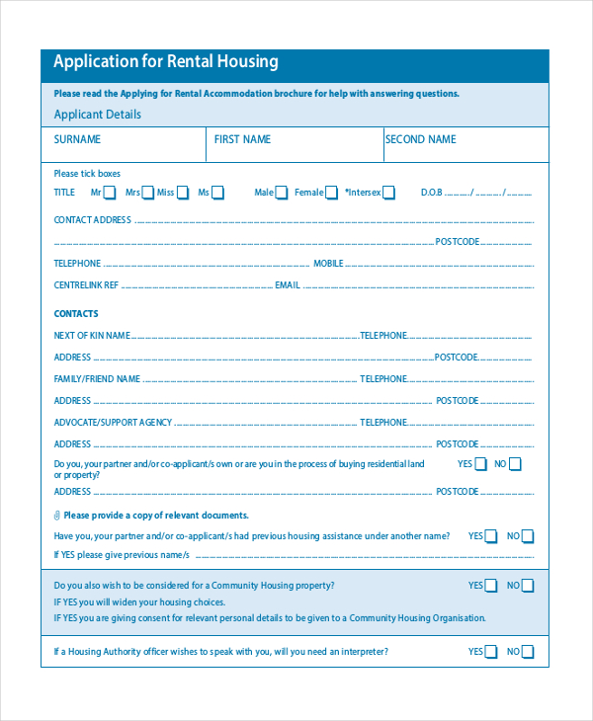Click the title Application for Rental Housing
[x=166, y=62]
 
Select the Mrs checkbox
[x=148, y=193]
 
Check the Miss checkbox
[x=183, y=193]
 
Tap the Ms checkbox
[x=218, y=193]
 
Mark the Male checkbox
[x=282, y=193]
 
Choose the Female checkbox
[x=331, y=193]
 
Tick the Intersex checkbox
[x=388, y=193]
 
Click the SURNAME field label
[x=77, y=140]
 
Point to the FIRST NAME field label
[x=242, y=140]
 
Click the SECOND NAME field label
[x=420, y=140]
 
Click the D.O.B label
[x=432, y=193]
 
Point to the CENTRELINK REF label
[x=86, y=285]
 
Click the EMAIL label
[x=287, y=285]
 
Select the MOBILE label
[x=328, y=264]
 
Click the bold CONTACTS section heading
[x=76, y=314]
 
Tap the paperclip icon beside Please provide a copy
[x=57, y=516]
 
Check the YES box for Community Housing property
[x=490, y=586]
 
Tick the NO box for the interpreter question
[x=527, y=652]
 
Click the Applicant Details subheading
[x=97, y=115]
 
